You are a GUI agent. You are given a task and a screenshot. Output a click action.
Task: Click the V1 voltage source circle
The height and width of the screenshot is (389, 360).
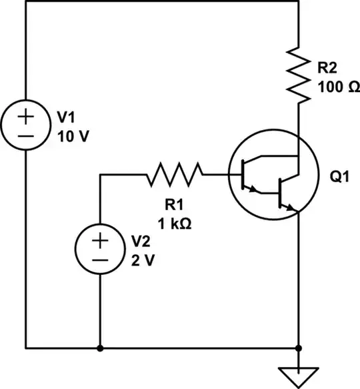pyautogui.click(x=26, y=126)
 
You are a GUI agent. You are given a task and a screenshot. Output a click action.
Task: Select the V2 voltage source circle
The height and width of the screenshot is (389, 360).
pyautogui.click(x=99, y=250)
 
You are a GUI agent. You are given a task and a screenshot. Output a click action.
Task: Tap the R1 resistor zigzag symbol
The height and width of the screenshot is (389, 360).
pyautogui.click(x=173, y=175)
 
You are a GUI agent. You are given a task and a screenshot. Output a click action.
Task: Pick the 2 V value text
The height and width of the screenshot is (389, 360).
pyautogui.click(x=143, y=260)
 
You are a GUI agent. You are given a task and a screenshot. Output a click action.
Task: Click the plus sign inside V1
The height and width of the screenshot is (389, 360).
pyautogui.click(x=26, y=117)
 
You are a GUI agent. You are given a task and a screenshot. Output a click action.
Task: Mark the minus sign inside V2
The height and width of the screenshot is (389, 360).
pyautogui.click(x=99, y=259)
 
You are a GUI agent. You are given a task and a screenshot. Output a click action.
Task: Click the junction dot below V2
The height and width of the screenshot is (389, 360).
pyautogui.click(x=99, y=348)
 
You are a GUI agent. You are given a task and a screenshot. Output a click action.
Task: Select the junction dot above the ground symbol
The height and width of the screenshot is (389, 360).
pyautogui.click(x=299, y=348)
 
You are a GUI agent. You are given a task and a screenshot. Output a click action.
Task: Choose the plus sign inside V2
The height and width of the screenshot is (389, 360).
pyautogui.click(x=99, y=240)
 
